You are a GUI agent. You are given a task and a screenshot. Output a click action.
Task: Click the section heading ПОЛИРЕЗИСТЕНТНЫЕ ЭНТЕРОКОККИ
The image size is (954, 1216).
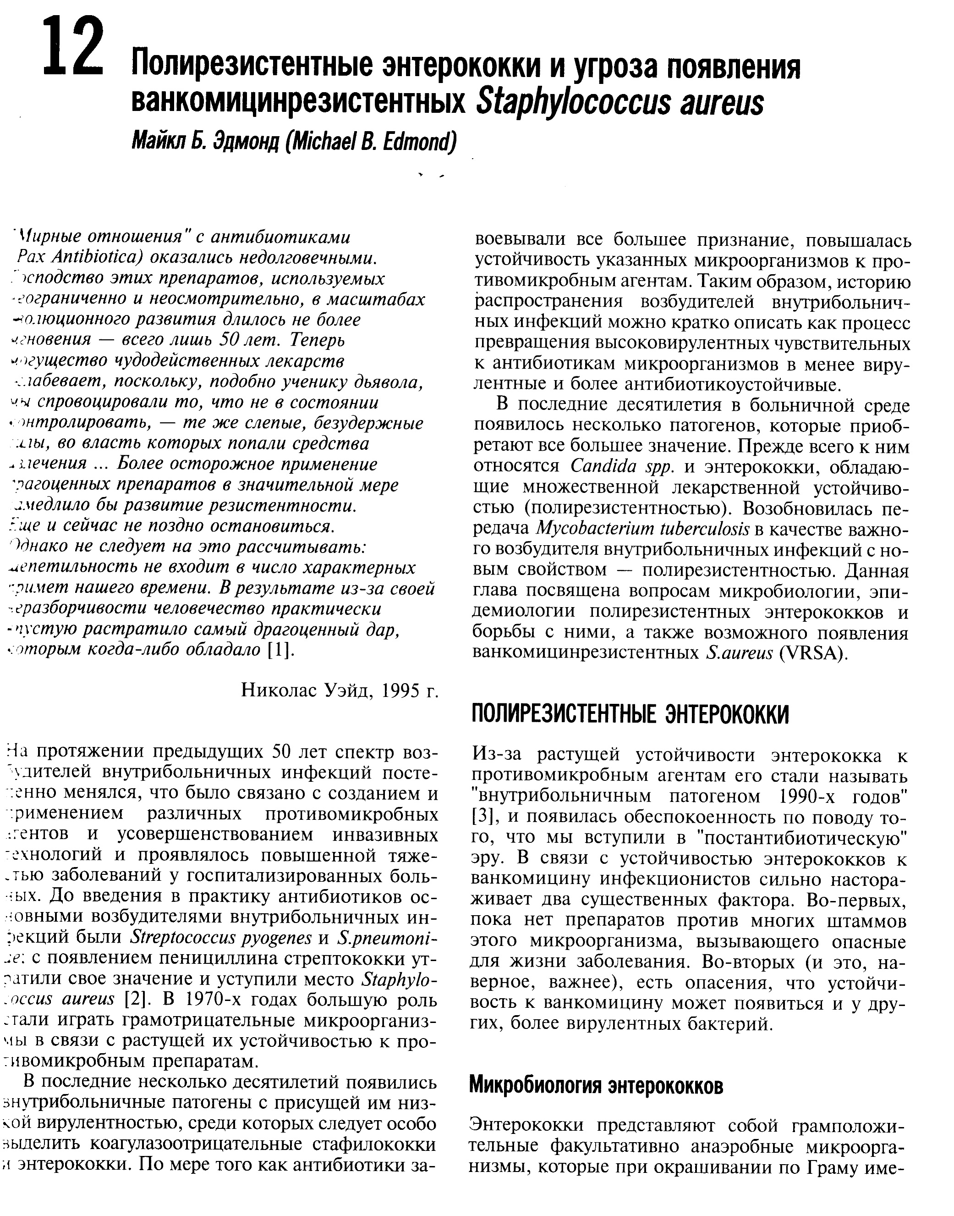pos(630,715)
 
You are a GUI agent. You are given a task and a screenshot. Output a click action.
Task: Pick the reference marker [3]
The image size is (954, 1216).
pos(482,817)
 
